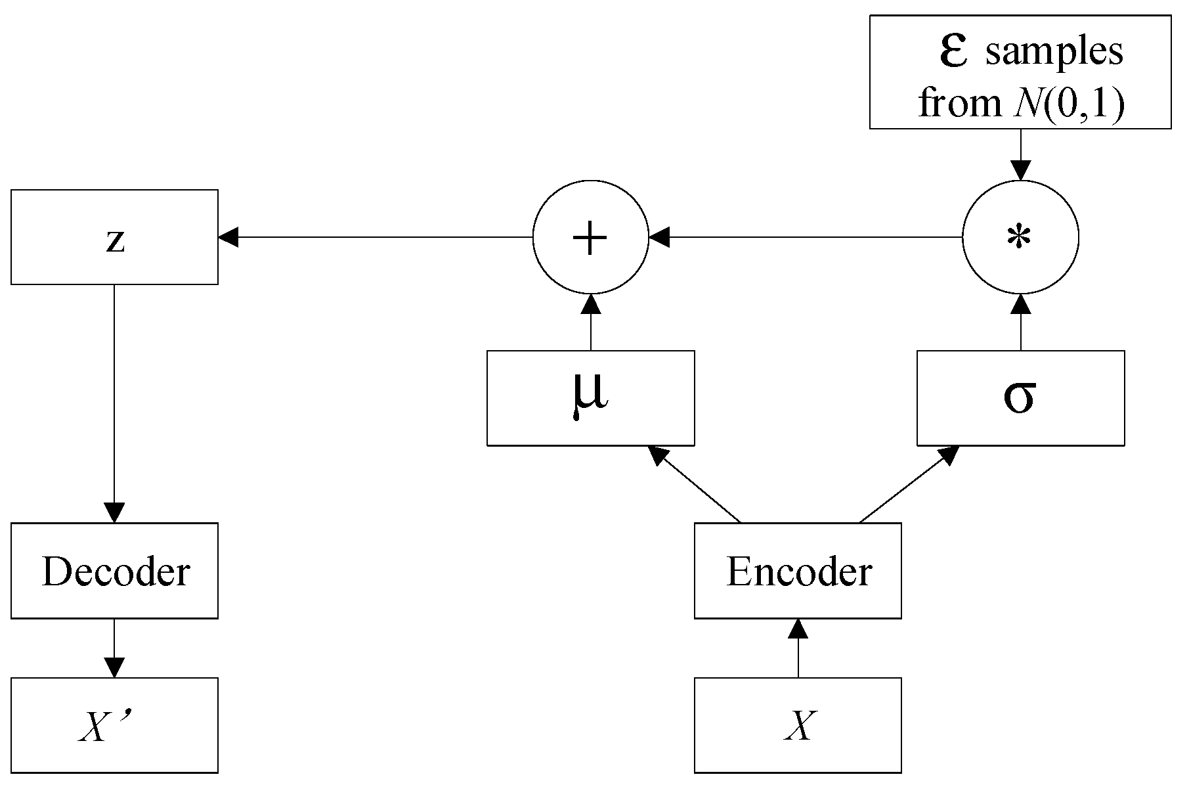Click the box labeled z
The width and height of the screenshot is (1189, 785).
114,237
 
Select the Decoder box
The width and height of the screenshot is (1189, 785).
114,570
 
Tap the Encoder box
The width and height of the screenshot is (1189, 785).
798,570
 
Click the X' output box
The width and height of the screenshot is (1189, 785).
114,725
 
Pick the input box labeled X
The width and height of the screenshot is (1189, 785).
798,725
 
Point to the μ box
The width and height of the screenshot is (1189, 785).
590,398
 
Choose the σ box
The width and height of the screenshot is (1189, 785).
1020,398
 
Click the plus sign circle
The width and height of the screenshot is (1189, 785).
590,237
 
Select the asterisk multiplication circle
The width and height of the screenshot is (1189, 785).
1020,237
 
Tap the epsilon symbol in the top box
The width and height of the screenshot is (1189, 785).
953,51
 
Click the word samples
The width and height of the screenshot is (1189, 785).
1054,53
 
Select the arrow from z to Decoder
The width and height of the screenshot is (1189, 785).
114,404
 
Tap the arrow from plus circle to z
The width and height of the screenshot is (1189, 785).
374,237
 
